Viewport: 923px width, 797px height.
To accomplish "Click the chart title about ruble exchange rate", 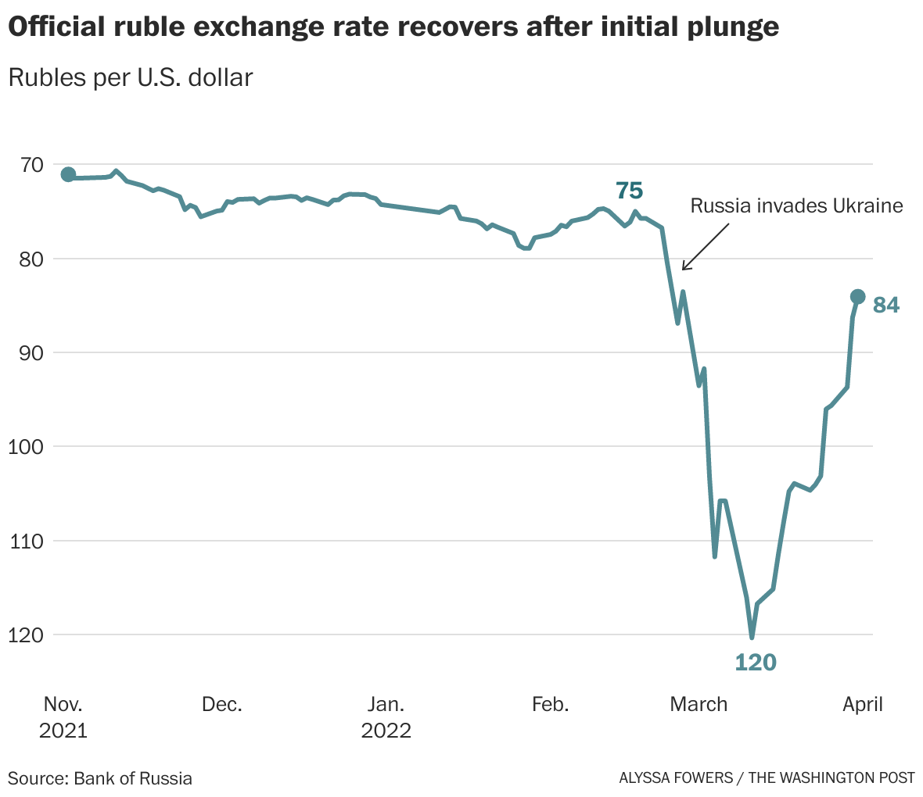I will (x=393, y=27).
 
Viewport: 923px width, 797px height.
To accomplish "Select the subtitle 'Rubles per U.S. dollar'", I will (x=130, y=78).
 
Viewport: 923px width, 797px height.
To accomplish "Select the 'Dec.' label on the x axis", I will (x=221, y=705).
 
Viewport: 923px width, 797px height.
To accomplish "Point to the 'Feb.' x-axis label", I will (x=550, y=705).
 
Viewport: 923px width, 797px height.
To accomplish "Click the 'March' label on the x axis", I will (x=699, y=705).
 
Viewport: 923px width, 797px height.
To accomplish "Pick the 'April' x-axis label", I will (x=862, y=705).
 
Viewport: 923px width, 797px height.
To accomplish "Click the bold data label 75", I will (x=629, y=191).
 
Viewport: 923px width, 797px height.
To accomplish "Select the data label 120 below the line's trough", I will (x=756, y=663).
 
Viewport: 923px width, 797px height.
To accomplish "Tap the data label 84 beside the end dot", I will (x=886, y=306).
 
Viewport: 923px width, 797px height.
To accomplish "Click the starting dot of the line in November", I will (x=68, y=174).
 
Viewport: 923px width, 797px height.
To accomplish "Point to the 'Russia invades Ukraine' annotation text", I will (x=796, y=206).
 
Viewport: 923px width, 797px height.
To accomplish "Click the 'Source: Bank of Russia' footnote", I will (x=100, y=778).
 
